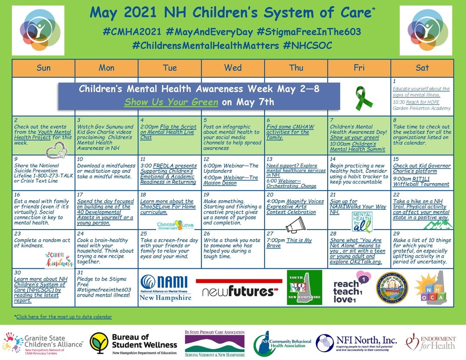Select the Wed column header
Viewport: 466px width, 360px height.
tap(233, 68)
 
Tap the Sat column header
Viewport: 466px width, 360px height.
tap(422, 68)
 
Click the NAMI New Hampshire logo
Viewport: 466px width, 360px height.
tap(165, 287)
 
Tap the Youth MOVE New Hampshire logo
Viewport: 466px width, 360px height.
tap(304, 287)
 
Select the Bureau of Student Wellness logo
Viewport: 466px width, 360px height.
tap(134, 344)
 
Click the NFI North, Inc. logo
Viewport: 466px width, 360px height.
tap(356, 344)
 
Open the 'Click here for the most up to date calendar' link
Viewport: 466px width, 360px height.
tap(64, 317)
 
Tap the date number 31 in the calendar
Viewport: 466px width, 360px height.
tap(80, 272)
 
